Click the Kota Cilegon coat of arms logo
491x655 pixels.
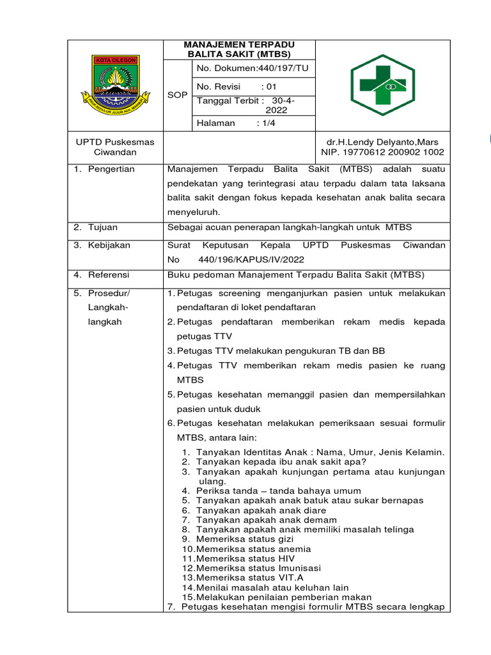(115, 86)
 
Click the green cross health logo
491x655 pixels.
(383, 84)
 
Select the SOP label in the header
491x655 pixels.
(177, 95)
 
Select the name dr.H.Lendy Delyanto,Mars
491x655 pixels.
(383, 141)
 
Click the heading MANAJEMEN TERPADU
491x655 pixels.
(239, 45)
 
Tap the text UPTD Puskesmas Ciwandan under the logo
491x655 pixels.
(115, 147)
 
